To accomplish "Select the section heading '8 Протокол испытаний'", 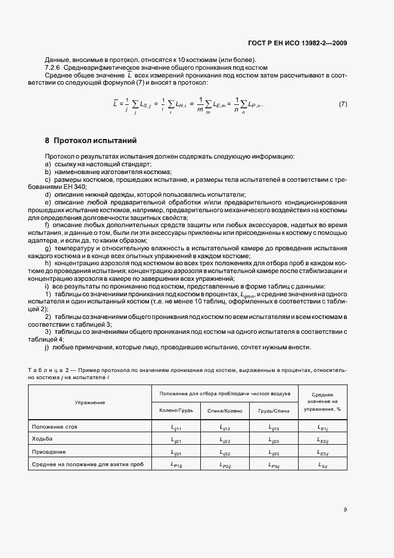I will [91, 141].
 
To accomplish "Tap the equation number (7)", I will [343, 104].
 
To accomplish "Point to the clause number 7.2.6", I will [55, 67].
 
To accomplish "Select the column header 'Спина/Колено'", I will [225, 411].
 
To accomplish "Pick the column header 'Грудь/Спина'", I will [274, 411].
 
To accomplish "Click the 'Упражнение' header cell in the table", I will [90, 402].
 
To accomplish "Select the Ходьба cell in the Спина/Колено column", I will [225, 441].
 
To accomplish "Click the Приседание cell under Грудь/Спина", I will [274, 453].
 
